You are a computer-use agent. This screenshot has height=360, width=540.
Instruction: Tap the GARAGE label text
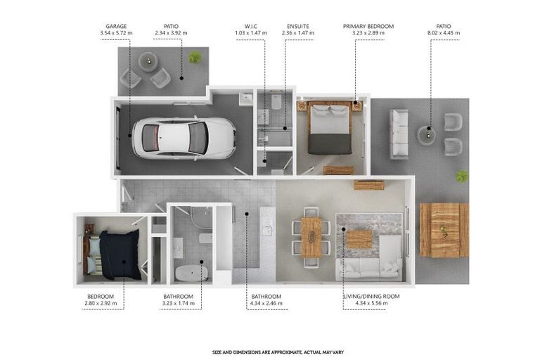tap(115, 27)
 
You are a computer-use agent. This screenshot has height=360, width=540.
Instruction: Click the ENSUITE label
tap(298, 27)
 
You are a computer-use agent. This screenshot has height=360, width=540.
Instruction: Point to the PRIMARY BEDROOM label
tap(368, 27)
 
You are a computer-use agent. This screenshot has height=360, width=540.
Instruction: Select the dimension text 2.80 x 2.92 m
tap(101, 303)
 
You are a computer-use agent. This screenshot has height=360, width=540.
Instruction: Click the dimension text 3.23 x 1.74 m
tap(179, 303)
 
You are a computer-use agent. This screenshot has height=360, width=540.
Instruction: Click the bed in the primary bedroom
tap(330, 129)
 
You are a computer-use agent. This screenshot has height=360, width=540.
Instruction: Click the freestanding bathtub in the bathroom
tap(190, 273)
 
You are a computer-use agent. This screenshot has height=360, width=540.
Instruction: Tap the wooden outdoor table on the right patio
tap(444, 230)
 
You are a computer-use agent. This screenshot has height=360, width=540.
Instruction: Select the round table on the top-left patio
tap(148, 62)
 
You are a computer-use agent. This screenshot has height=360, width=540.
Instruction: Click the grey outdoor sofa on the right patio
tap(399, 134)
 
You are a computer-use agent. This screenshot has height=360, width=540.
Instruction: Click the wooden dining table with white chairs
tap(311, 237)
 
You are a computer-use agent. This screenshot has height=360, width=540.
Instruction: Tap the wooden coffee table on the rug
tap(359, 239)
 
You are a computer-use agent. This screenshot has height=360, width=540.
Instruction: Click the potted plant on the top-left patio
tap(195, 57)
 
